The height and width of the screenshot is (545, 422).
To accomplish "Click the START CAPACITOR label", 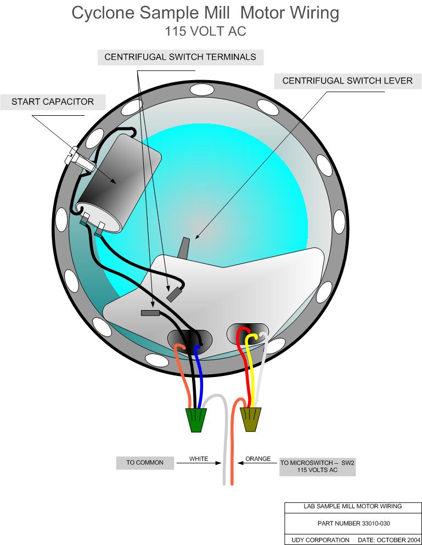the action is click(53, 102).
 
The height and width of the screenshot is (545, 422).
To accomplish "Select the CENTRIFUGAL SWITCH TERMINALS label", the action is click(181, 57).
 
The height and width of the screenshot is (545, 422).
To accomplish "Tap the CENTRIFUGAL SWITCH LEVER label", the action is click(347, 81).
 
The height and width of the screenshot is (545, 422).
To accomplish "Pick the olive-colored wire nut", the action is click(251, 419).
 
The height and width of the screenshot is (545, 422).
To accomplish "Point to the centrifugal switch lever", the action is click(184, 248).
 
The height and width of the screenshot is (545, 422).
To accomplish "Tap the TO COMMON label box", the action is click(145, 463).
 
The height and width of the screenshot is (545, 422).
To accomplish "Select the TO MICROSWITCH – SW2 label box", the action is click(317, 467).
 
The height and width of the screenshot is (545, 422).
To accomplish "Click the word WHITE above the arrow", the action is click(199, 459).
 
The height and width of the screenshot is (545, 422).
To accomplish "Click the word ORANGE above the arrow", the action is click(258, 459).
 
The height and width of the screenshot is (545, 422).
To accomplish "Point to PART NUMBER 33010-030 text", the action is click(353, 523).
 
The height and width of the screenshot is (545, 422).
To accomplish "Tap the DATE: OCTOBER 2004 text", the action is click(389, 540).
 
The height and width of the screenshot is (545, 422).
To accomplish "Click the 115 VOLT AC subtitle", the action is click(205, 31).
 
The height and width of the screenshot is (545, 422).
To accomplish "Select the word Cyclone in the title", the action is click(103, 13).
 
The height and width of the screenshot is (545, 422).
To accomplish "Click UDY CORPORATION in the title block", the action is click(320, 540).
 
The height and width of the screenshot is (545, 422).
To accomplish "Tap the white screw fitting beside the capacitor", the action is click(80, 160).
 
